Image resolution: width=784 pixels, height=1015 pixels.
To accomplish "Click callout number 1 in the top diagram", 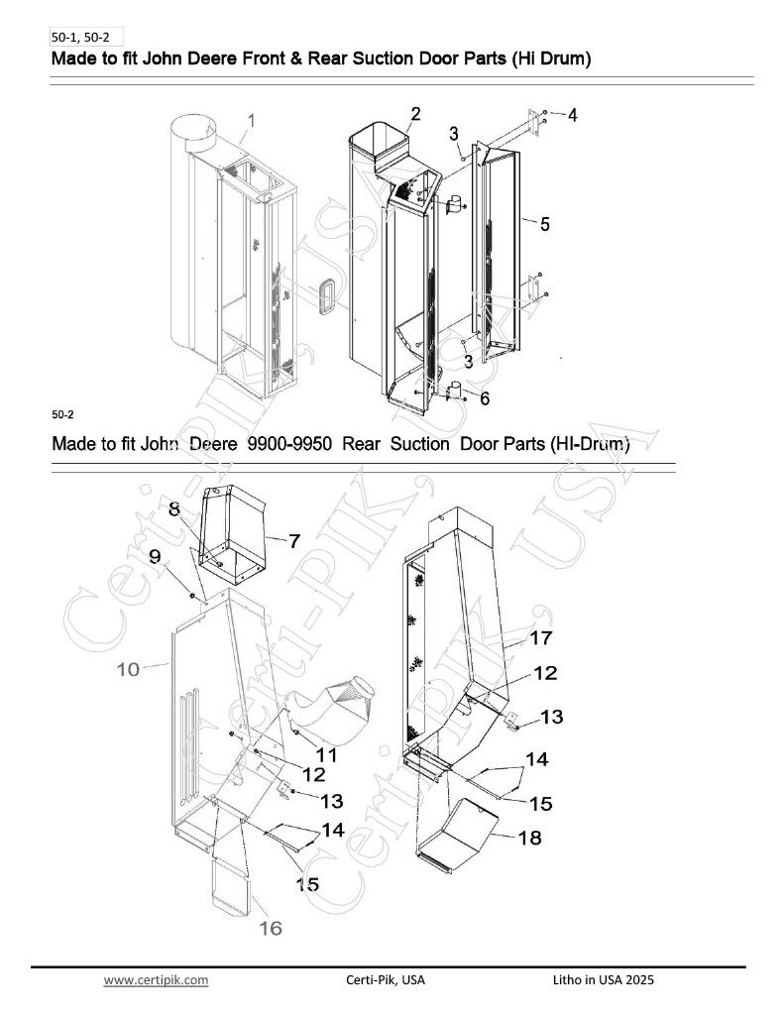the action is pos(251,120).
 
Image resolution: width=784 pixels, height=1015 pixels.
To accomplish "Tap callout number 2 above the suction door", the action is pos(415,114).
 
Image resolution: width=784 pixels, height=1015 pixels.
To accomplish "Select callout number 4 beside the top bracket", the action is pos(572,115).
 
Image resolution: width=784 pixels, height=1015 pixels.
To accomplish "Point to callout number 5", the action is pos(545,224).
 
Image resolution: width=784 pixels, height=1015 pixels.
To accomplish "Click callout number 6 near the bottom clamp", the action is pos(485,398).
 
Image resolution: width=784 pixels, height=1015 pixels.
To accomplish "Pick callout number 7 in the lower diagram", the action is pos(294,540).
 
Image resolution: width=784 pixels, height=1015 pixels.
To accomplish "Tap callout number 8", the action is pos(174,508).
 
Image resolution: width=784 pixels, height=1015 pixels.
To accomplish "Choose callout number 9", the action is pos(155,556).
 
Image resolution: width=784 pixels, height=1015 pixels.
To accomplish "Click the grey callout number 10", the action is pos(128,669).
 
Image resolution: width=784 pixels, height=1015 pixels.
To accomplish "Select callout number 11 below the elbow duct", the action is pos(326,754).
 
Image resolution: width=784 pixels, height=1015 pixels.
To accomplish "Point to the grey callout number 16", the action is pos(271,928).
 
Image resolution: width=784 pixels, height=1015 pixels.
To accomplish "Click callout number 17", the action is pos(541,637).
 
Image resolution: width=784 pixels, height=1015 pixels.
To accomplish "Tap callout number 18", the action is pos(529,838).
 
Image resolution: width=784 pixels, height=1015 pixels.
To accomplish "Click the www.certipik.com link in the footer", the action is pos(156,980).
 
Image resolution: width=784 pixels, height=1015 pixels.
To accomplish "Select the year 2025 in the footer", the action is pos(640,979).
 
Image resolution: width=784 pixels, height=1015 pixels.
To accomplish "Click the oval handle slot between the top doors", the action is pos(326,296).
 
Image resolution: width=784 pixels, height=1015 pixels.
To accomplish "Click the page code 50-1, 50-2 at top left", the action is pos(80,38).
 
